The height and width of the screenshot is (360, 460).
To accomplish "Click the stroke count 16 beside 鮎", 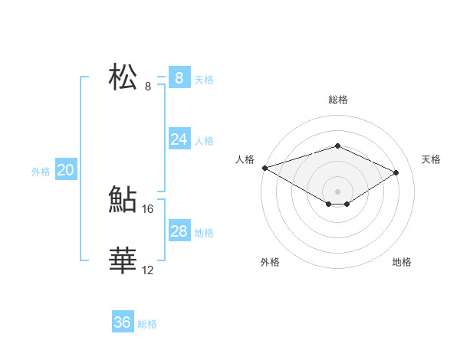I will tap(148, 208).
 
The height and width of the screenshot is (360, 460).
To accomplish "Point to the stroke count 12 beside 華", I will tap(148, 270).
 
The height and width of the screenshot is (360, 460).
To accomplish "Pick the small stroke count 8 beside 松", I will tap(148, 86).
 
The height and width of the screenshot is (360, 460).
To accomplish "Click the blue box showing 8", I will tap(179, 77).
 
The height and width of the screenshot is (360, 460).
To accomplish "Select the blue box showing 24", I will tap(179, 139).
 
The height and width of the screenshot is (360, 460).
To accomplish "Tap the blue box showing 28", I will tap(179, 231).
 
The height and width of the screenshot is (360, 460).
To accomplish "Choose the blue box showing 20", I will tap(65, 170).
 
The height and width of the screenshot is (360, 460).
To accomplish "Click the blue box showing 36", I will tap(123, 322).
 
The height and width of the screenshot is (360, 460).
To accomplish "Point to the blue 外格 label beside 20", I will tap(41, 172).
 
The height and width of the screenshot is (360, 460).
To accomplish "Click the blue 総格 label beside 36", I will tap(147, 324).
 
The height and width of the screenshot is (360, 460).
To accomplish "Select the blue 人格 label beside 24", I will tap(204, 141).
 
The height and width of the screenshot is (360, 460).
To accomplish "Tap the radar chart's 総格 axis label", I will tap(337, 100).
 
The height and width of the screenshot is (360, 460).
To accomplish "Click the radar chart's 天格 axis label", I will tap(431, 159).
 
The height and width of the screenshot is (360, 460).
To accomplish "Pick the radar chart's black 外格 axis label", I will tap(270, 262).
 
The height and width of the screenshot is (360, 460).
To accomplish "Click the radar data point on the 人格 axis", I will tap(264, 168).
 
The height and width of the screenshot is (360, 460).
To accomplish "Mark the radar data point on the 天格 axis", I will tap(396, 172).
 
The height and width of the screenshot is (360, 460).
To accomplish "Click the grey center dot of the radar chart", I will tap(337, 191).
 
